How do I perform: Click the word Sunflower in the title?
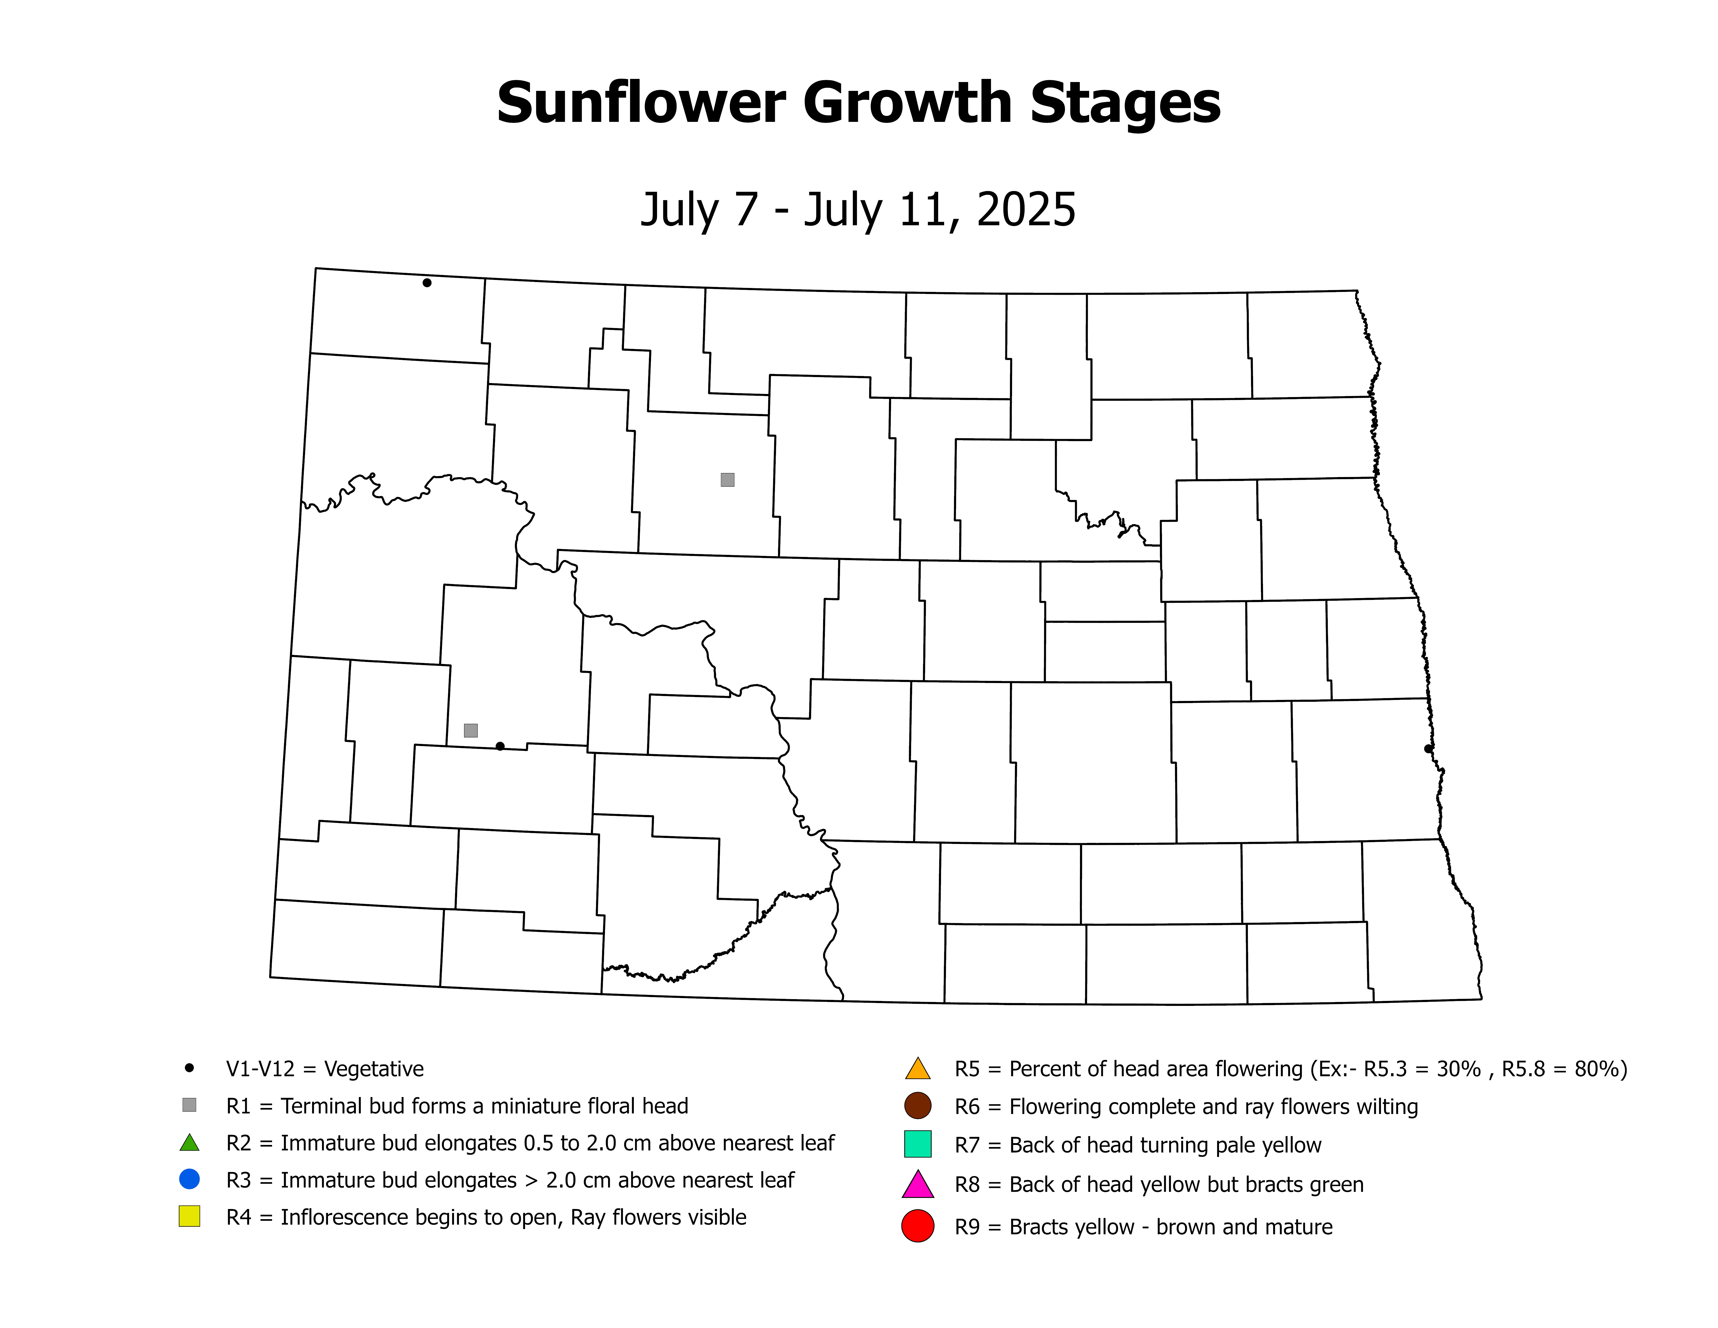point(641,104)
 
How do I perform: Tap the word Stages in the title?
point(1125,104)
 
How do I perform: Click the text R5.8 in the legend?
point(1524,1069)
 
